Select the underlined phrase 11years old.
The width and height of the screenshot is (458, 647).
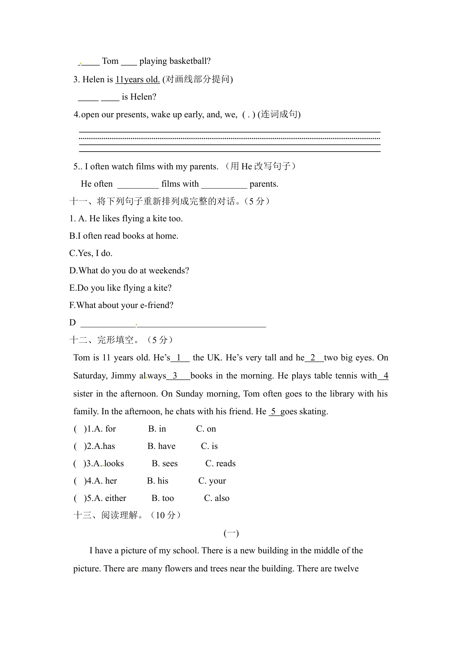(x=137, y=79)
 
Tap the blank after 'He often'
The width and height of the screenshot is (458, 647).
(x=138, y=184)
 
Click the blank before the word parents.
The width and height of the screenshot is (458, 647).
(x=224, y=184)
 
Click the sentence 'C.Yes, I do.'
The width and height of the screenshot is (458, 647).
(x=91, y=253)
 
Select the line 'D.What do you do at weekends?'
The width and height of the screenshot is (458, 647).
(x=129, y=271)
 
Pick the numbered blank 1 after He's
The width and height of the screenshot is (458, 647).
(x=180, y=358)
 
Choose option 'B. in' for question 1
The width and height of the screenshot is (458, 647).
(x=157, y=429)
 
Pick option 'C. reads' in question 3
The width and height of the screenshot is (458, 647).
(x=220, y=464)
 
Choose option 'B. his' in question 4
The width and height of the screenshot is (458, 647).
(x=158, y=481)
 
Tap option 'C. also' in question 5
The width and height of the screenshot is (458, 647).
(x=217, y=498)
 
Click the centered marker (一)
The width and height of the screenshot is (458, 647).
(x=231, y=533)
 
